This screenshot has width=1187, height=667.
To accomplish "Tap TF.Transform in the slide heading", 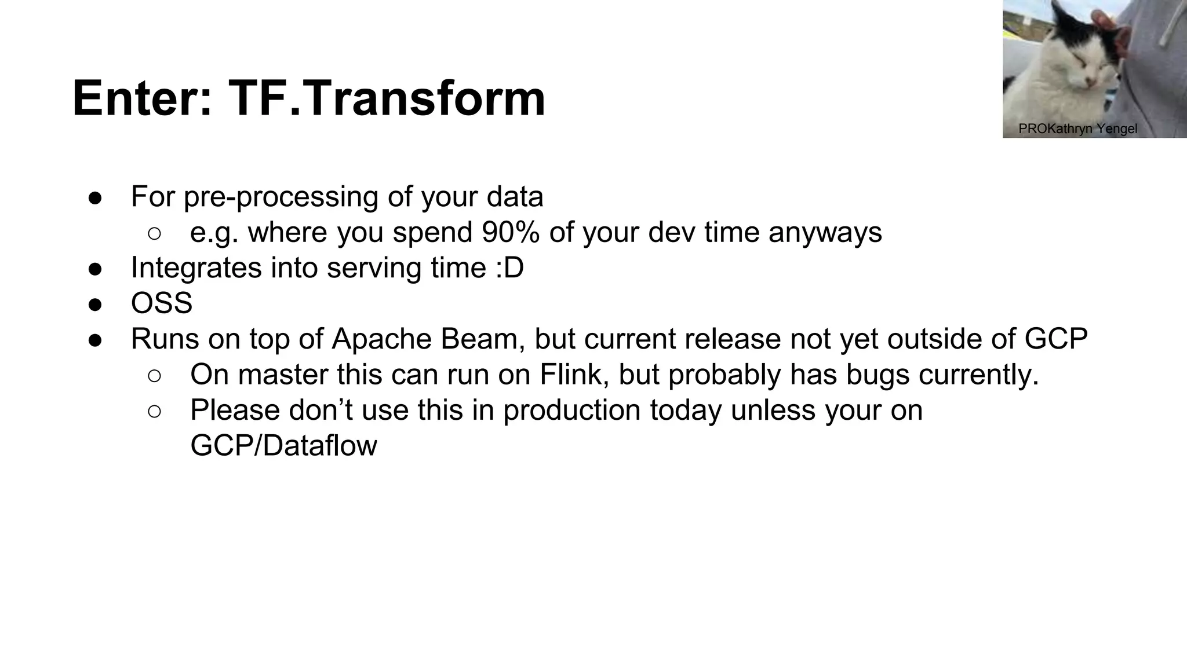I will (x=387, y=98).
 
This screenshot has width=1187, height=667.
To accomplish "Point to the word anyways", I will (x=825, y=233).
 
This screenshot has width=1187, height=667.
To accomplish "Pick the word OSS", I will (x=162, y=303).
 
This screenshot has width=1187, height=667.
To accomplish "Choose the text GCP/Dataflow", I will (x=283, y=446).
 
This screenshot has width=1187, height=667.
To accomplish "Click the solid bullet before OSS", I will (x=95, y=305).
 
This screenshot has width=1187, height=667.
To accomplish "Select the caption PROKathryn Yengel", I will (x=1077, y=129).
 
